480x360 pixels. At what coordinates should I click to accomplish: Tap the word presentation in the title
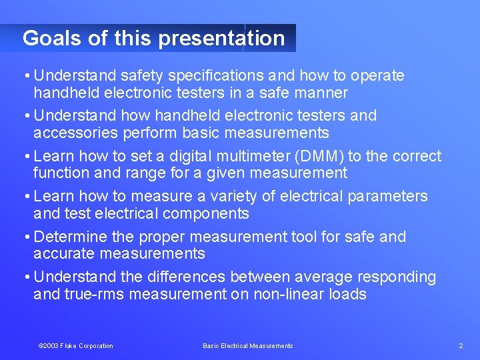coord(221,39)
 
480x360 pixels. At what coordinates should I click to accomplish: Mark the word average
coord(327,277)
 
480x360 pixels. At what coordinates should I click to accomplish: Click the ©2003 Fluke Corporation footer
coord(76,345)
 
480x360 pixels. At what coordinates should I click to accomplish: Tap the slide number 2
coord(461,345)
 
